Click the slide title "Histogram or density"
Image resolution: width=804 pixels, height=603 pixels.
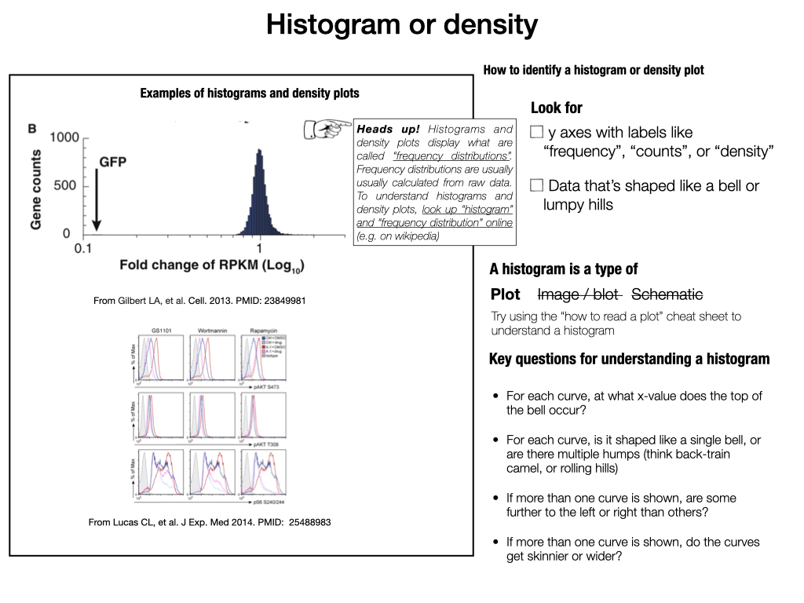401,25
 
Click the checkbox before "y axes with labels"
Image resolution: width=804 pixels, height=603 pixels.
537,132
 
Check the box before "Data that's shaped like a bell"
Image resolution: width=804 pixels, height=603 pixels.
537,186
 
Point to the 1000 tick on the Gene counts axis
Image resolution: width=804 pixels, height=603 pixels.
64,137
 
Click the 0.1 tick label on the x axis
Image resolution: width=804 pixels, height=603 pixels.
83,248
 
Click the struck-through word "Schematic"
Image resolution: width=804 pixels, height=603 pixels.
667,294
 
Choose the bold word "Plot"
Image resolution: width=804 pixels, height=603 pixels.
506,294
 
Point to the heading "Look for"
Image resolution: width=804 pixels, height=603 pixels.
557,108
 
